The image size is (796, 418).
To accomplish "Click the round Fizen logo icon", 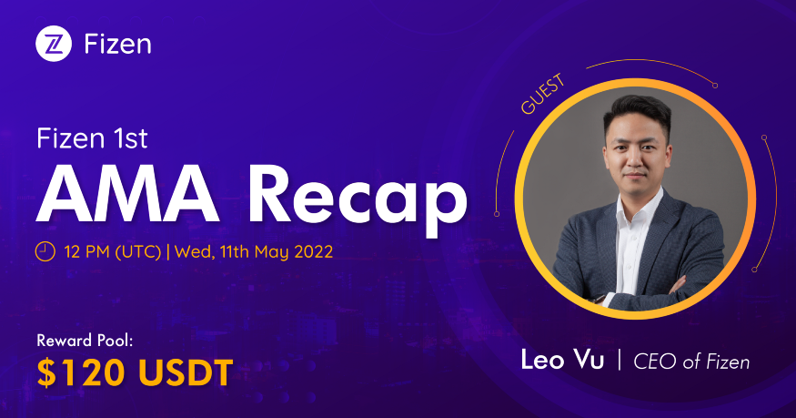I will [x=54, y=43].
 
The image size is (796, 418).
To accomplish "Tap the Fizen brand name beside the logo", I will [x=117, y=43].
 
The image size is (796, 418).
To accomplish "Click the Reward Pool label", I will [x=87, y=342].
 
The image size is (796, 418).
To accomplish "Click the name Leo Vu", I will [x=560, y=361].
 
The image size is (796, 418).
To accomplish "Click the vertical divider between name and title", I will [x=620, y=361].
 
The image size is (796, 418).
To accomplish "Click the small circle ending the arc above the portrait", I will [x=715, y=86].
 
